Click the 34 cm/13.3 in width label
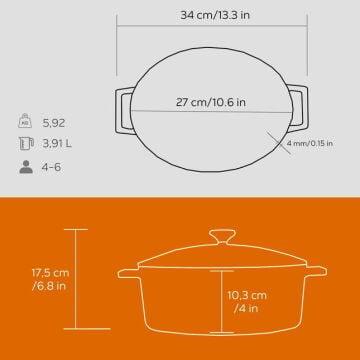[215, 15]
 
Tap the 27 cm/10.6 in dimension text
[211, 102]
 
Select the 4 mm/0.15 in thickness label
[310, 144]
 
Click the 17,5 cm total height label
[50, 279]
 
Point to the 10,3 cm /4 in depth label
[247, 302]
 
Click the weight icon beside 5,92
[25, 121]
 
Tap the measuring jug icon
[26, 144]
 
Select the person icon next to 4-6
[26, 167]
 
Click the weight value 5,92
[54, 123]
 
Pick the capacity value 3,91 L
[57, 144]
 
